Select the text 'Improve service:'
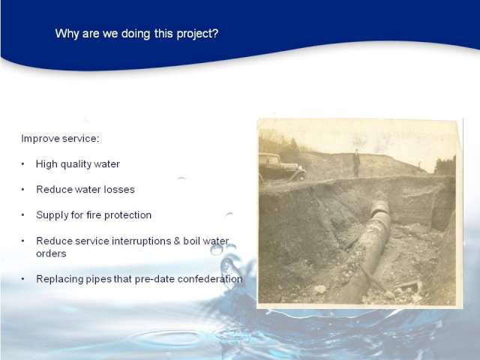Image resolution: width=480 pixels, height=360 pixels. point(60,139)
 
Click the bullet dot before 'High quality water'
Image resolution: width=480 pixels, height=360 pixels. point(23,164)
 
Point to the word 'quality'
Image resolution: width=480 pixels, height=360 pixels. point(76,164)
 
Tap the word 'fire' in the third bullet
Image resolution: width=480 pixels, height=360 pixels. point(93,215)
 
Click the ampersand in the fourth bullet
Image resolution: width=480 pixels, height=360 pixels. point(177,241)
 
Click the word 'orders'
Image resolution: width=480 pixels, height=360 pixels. point(51,253)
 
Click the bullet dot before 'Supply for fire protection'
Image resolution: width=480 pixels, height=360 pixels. point(23,215)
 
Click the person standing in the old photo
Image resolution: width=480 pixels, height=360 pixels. point(356,163)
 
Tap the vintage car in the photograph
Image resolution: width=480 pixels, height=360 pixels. point(281,167)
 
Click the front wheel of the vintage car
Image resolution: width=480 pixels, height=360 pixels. point(301,175)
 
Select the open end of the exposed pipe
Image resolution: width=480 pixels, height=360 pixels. point(379,207)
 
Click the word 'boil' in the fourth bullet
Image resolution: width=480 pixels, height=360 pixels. point(192,241)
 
